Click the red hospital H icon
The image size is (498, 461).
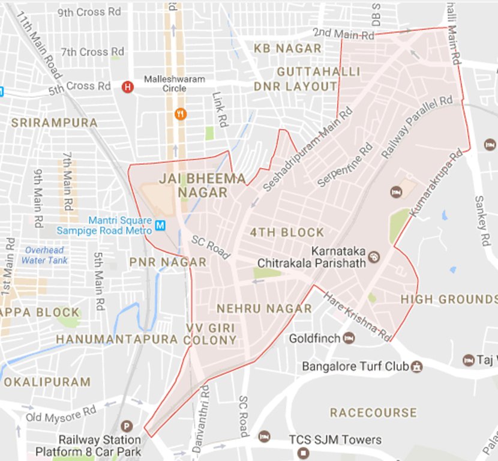pos(127,87)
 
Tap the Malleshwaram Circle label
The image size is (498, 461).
pos(174,84)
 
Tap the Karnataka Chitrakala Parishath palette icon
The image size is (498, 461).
pos(374,257)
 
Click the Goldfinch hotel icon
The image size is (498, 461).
pos(349,339)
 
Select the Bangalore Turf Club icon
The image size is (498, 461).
pos(416,366)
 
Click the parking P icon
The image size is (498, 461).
pos(126,427)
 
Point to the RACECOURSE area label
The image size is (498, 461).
pos(373,413)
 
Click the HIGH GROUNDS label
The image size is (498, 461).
pos(449,299)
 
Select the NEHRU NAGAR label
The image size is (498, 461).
pos(264,309)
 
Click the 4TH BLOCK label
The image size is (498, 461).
pos(287,232)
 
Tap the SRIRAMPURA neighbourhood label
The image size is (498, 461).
pos(54,122)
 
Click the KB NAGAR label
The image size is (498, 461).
pos(287,48)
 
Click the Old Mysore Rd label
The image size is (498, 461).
pos(61,414)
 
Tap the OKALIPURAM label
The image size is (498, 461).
pos(47,382)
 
